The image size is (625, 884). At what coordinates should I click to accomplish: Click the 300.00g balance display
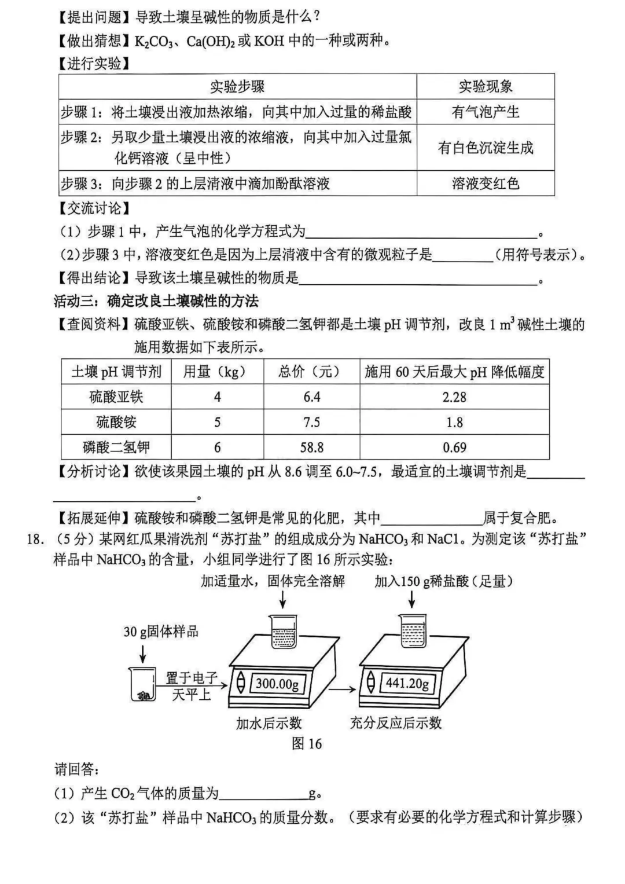pos(277,684)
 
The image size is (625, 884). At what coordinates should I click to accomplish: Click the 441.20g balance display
pos(407,683)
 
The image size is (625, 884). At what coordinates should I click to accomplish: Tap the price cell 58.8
pos(311,447)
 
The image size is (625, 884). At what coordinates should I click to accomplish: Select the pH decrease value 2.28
pos(454,397)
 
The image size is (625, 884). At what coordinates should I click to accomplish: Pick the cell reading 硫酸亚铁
pos(116,397)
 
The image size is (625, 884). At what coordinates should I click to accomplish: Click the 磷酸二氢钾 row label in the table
pos(116,447)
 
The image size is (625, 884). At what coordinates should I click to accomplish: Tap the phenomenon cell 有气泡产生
pos(485,112)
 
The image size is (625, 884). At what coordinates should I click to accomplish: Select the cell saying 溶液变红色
pos(485,184)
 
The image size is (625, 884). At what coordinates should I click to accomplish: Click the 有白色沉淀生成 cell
pos(485,148)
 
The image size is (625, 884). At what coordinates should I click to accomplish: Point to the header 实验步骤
pos(237,87)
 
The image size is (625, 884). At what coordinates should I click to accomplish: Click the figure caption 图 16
pos(307,744)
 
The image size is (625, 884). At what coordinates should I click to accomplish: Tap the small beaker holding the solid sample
pos(142,684)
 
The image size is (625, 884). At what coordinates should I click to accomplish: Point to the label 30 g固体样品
pos(161,632)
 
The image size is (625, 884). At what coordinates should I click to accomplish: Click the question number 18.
pos(35,539)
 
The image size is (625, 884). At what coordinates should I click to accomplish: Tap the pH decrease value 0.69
pos(454,447)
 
